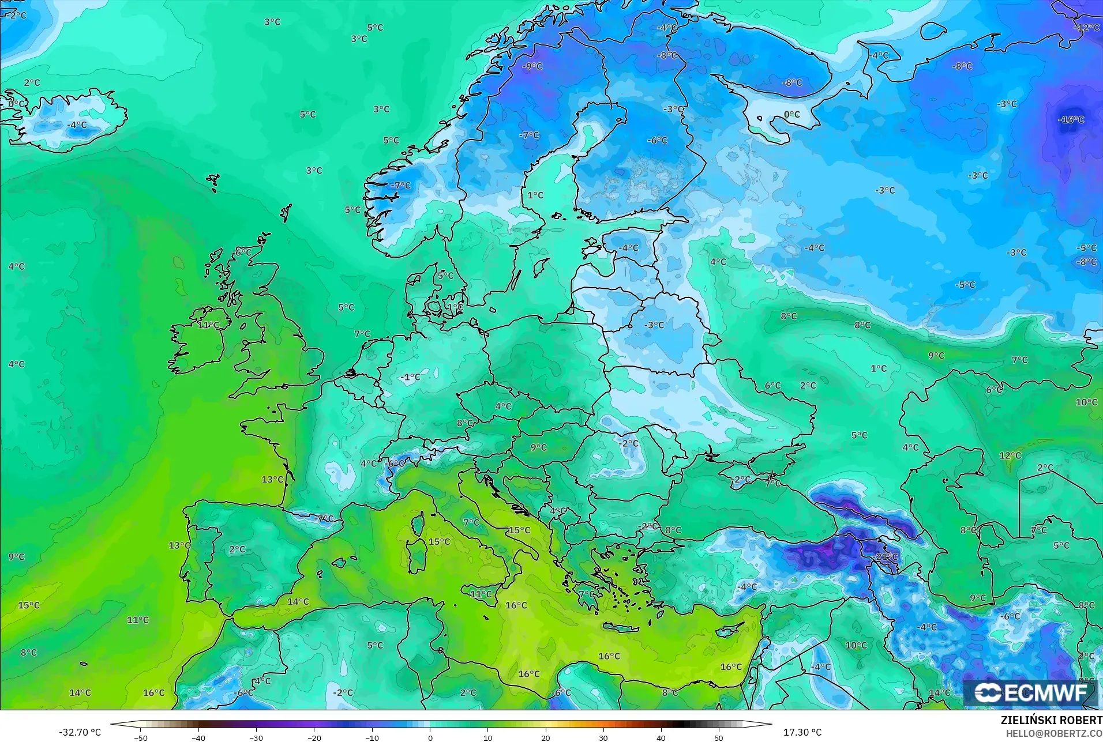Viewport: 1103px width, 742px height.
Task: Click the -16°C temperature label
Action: coord(1071,120)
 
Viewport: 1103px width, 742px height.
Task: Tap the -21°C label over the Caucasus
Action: coord(887,556)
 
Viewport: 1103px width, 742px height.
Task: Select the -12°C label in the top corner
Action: coord(1087,28)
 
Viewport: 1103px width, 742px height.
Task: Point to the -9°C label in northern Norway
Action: coord(532,67)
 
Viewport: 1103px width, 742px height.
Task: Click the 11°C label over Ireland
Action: coord(208,325)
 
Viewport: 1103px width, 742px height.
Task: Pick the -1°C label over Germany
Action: coord(410,378)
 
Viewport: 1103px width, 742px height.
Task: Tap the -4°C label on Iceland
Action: coord(77,125)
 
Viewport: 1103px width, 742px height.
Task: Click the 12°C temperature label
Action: coord(1010,455)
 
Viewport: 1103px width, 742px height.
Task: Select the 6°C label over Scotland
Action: coord(243,253)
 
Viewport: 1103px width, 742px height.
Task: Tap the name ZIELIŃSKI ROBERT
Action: coord(1051,721)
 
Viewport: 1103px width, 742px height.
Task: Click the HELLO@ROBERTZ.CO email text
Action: coord(1054,733)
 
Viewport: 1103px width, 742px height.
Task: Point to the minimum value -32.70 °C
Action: coord(80,732)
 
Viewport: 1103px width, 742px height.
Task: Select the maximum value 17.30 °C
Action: coord(802,732)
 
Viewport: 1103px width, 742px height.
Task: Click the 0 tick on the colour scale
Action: coord(430,737)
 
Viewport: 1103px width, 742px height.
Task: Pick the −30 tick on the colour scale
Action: coord(256,737)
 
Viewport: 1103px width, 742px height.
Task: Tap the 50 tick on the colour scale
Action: coord(718,737)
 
